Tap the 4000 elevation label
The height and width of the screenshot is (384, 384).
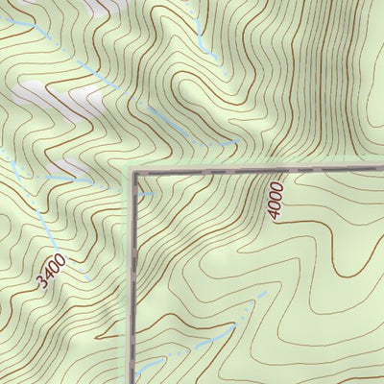pyautogui.click(x=277, y=201)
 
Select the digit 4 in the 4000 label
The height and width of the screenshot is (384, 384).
pyautogui.click(x=276, y=214)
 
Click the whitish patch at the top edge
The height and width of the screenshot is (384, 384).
pyautogui.click(x=86, y=6)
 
